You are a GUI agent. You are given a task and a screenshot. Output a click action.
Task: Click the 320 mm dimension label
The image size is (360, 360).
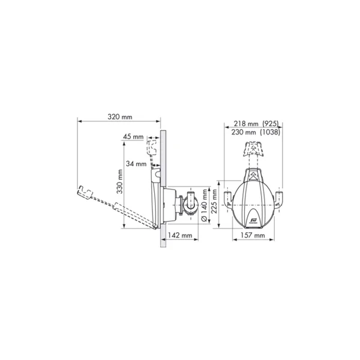coord(120,117)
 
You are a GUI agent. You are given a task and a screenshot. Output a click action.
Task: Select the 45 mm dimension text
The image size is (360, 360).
coord(133,137)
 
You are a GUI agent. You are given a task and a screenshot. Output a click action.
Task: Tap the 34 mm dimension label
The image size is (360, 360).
coord(136,164)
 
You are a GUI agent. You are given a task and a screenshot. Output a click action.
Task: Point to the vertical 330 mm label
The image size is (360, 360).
coord(119,181)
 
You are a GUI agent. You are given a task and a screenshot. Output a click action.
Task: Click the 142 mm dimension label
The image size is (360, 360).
coord(180,235)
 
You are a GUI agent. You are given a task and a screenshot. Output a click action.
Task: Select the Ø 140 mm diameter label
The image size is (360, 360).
coord(204,205)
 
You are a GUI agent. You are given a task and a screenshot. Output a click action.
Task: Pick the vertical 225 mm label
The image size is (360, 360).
coord(214,201)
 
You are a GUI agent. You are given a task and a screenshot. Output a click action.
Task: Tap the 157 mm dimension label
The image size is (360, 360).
coord(253,235)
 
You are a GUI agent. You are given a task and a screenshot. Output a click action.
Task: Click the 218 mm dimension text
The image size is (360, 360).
coord(246,124)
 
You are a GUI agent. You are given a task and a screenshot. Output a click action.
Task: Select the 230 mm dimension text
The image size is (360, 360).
coord(244,132)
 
